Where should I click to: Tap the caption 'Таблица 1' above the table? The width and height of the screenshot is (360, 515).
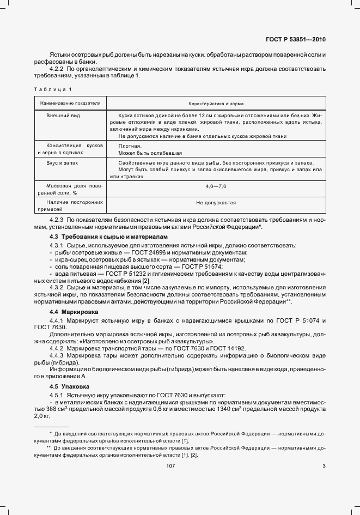(x=53, y=89)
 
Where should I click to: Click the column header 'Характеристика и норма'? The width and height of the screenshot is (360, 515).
(x=216, y=102)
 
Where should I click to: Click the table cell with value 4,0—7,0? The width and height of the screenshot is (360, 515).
(x=216, y=186)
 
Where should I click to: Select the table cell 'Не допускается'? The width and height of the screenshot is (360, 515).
(x=216, y=202)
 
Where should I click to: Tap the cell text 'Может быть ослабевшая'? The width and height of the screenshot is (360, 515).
(x=143, y=153)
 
